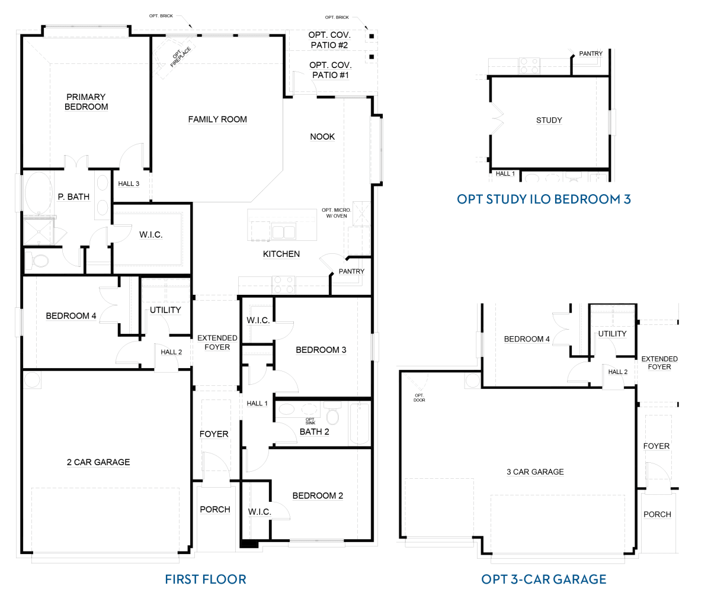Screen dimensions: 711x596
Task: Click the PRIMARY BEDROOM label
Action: [86, 102]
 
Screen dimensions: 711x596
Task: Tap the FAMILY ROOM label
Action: [217, 120]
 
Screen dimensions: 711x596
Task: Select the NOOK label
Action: [322, 137]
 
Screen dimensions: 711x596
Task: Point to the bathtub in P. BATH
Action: [39, 193]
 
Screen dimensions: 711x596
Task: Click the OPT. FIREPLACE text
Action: [181, 56]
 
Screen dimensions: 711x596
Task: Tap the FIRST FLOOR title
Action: [206, 579]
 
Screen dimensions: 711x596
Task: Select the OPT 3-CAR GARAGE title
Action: [543, 579]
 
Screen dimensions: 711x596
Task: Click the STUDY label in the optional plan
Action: [549, 120]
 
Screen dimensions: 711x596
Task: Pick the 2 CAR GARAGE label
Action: [98, 462]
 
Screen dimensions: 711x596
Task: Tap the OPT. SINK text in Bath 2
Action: [310, 421]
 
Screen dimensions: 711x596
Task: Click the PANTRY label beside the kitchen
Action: [351, 271]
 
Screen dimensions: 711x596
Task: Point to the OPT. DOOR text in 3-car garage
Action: [419, 398]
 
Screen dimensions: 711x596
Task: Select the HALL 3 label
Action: [129, 183]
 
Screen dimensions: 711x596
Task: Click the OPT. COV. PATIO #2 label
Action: [329, 40]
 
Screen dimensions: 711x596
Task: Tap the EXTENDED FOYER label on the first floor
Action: [217, 342]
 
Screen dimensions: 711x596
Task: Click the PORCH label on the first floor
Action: [215, 509]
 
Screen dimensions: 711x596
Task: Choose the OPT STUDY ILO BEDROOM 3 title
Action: [544, 199]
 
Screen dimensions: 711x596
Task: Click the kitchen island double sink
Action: [284, 231]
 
